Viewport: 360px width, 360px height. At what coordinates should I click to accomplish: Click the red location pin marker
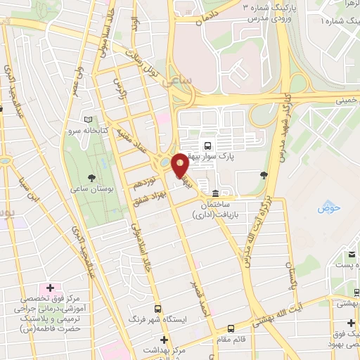click(180, 165)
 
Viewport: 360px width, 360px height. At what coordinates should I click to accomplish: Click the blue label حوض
click(328, 207)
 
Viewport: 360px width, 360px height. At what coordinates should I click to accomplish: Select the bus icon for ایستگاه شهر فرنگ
click(157, 308)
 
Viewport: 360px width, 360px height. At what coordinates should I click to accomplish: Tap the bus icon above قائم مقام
click(231, 328)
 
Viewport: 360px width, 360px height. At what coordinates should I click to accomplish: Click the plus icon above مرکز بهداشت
click(164, 340)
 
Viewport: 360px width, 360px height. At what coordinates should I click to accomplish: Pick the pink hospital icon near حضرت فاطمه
click(49, 288)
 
